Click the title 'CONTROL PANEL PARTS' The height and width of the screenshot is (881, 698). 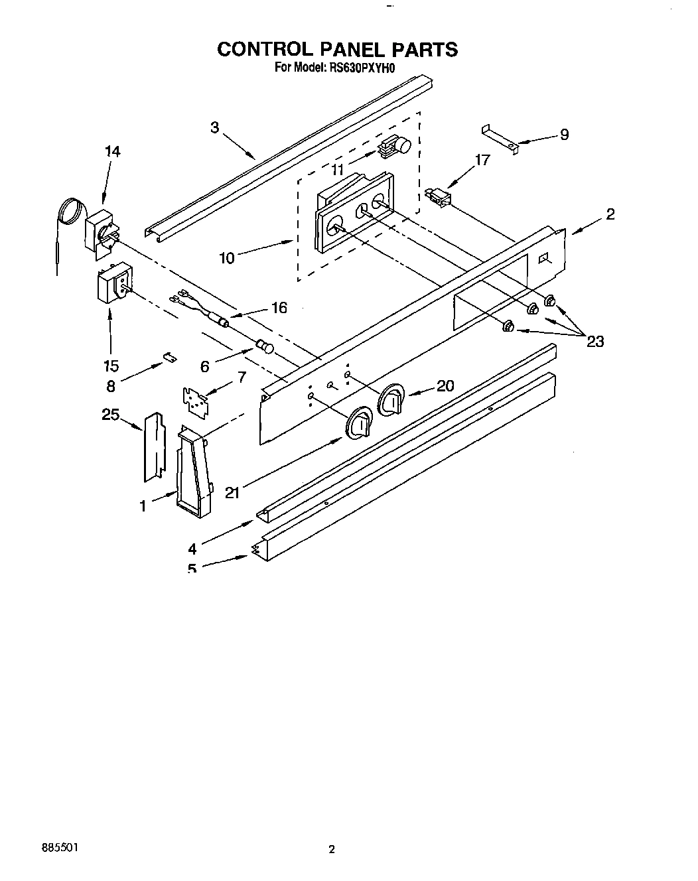[338, 49]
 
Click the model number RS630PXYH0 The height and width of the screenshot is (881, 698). [359, 67]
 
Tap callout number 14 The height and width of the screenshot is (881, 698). [112, 151]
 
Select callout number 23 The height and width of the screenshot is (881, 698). [595, 341]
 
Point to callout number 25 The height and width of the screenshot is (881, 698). [110, 415]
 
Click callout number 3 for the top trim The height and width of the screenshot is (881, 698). [214, 127]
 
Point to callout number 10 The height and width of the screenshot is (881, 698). [227, 257]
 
